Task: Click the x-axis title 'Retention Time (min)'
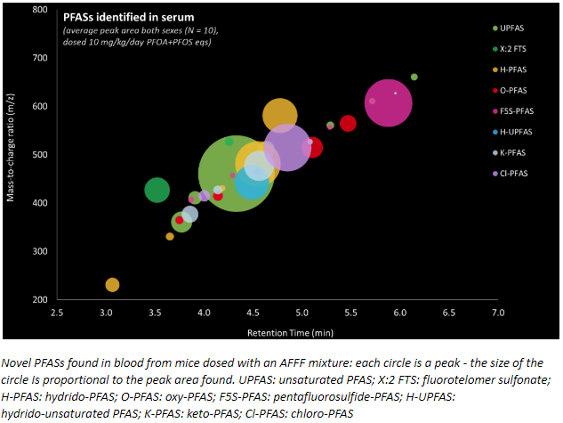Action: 278,331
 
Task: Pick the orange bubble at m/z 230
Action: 112,285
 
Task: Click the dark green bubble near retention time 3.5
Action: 157,190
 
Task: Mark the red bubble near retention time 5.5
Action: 348,123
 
